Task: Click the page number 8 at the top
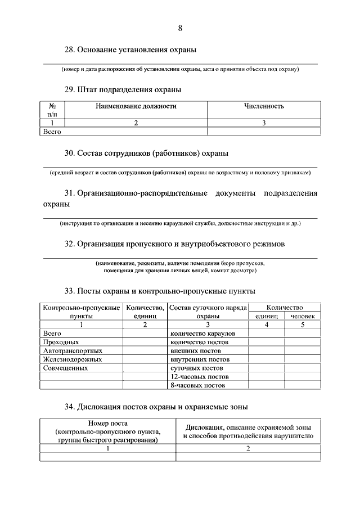pos(180,29)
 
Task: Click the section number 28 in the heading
pos(70,50)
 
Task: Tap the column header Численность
pos(264,106)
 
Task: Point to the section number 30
pos(70,153)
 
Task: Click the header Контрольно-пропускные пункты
pos(81,312)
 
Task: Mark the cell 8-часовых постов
pos(197,386)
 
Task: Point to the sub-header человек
pos(303,316)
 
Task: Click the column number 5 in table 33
pos(303,325)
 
